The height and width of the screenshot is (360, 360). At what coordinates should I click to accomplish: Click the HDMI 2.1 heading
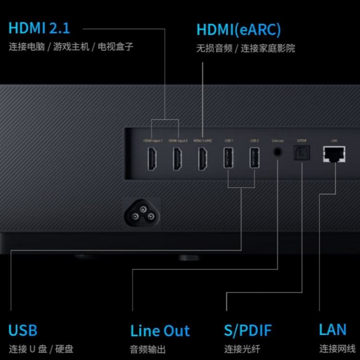click(39, 27)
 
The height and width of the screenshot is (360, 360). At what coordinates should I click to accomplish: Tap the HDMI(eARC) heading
click(238, 30)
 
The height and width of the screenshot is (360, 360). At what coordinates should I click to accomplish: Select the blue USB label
click(23, 331)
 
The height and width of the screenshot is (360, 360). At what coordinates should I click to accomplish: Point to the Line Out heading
click(160, 331)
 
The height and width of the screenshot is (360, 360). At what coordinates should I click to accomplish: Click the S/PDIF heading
click(248, 331)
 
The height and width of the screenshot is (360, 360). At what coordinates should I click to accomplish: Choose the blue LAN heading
click(333, 330)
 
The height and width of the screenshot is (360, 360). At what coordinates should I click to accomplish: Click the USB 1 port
click(228, 158)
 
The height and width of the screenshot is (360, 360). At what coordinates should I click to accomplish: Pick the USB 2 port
click(254, 158)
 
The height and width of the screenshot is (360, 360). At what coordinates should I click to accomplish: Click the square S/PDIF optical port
click(302, 153)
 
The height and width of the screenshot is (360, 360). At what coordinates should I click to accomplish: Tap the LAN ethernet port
click(334, 154)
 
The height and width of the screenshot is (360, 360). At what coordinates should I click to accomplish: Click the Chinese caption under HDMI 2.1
click(71, 47)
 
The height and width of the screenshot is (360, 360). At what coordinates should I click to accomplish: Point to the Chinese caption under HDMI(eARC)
click(245, 48)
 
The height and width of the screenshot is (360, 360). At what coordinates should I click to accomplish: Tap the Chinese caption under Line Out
click(147, 349)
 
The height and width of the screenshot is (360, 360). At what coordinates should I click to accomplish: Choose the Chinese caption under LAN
click(337, 349)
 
